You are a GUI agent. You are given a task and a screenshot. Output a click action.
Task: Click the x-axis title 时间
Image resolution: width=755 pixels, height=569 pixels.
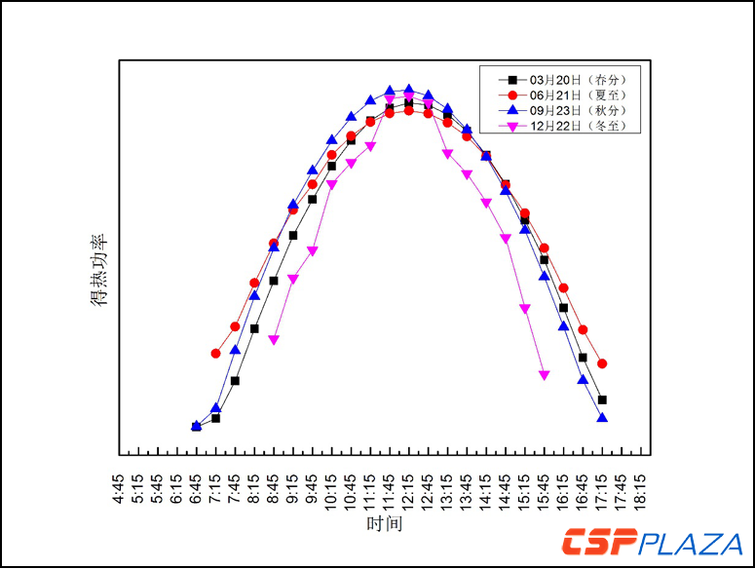tap(384, 524)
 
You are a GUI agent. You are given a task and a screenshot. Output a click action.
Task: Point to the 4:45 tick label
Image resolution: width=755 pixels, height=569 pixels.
tap(120, 488)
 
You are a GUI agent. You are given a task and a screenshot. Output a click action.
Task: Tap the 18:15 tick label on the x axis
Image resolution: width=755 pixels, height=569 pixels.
tap(641, 488)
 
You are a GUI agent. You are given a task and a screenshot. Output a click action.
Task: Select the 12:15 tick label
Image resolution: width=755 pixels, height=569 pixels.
tap(409, 488)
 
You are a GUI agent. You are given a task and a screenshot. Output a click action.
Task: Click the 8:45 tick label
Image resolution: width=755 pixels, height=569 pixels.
tap(274, 488)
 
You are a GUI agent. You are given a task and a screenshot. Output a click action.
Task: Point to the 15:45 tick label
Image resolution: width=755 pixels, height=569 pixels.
tap(545, 488)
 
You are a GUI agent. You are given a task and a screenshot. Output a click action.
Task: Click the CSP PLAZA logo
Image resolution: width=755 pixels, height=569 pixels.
tap(652, 542)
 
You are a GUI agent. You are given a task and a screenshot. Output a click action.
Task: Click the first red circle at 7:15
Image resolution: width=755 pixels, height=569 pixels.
tap(216, 353)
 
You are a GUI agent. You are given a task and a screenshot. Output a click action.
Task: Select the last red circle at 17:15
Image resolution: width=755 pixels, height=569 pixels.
tap(602, 363)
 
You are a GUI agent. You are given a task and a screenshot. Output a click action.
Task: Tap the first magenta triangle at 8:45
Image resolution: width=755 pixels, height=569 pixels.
tap(274, 340)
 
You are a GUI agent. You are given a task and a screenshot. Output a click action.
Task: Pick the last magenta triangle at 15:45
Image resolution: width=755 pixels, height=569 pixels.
tap(545, 375)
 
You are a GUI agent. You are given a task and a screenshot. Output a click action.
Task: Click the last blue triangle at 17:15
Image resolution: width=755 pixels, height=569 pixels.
tap(602, 418)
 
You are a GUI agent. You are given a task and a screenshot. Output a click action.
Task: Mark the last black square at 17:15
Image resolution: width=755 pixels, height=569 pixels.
tap(602, 399)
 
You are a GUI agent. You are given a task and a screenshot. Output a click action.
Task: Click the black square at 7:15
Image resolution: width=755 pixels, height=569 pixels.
tap(216, 418)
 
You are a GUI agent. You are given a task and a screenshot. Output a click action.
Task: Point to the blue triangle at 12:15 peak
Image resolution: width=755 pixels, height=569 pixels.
tap(409, 89)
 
